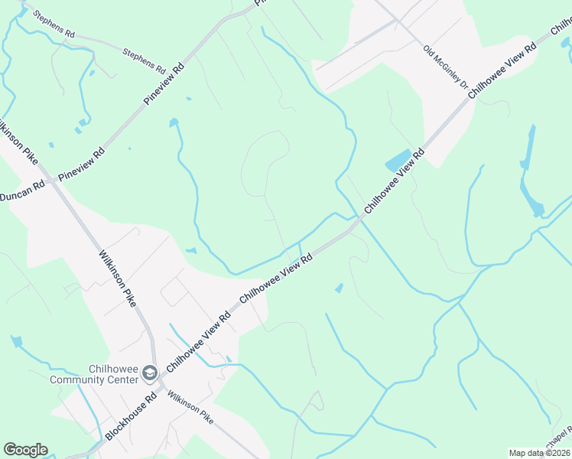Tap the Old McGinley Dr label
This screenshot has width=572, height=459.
(x=445, y=66)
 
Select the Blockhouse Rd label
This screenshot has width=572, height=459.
(x=132, y=416)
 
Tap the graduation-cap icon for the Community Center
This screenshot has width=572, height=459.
(x=150, y=374)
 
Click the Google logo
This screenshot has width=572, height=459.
(x=25, y=450)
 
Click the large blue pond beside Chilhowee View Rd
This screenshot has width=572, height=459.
(x=398, y=161)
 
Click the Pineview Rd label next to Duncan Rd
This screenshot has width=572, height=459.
(x=81, y=164)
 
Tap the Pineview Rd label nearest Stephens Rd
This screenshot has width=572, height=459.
(x=165, y=84)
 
